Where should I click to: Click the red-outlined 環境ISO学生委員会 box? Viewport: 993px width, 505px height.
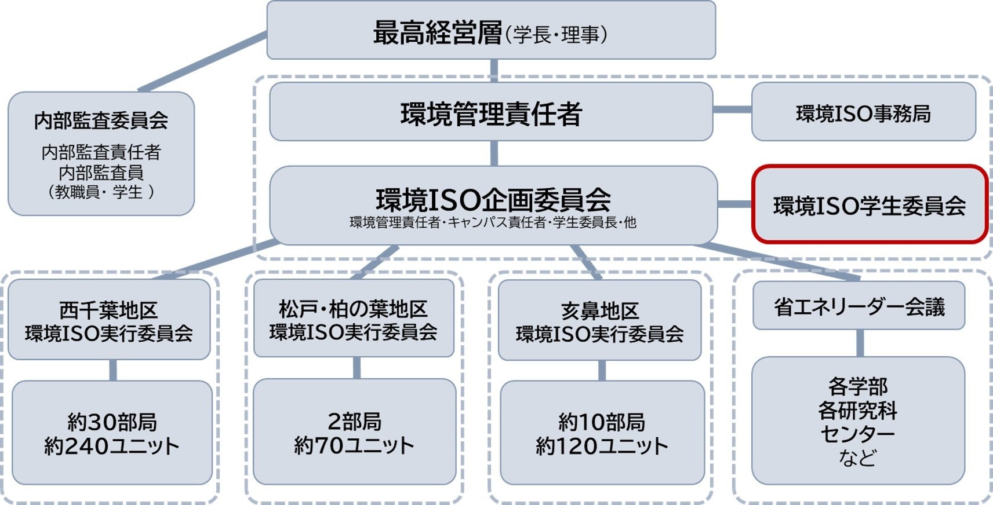(x=869, y=205)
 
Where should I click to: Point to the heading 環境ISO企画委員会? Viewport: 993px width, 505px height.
(x=493, y=199)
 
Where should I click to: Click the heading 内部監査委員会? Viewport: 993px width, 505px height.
(x=101, y=120)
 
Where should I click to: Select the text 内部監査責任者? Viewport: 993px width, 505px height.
(x=101, y=152)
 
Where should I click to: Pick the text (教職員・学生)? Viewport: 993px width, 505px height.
(x=101, y=192)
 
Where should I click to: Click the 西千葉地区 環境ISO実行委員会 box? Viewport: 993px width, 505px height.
(x=109, y=320)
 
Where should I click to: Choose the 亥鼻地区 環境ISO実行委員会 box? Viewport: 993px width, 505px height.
(x=599, y=321)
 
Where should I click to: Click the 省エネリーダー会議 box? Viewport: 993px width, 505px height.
(x=859, y=306)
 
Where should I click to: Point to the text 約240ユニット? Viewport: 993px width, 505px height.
(x=111, y=446)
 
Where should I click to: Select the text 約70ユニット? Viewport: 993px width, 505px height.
(x=354, y=445)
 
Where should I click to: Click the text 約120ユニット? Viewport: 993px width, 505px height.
(x=602, y=446)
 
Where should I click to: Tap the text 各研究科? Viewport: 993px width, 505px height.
(x=857, y=411)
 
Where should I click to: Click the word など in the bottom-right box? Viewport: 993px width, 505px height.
(x=857, y=458)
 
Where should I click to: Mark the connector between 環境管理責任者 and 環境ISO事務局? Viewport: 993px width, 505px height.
(x=732, y=109)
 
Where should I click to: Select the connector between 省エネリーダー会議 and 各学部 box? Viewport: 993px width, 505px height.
(x=860, y=343)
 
